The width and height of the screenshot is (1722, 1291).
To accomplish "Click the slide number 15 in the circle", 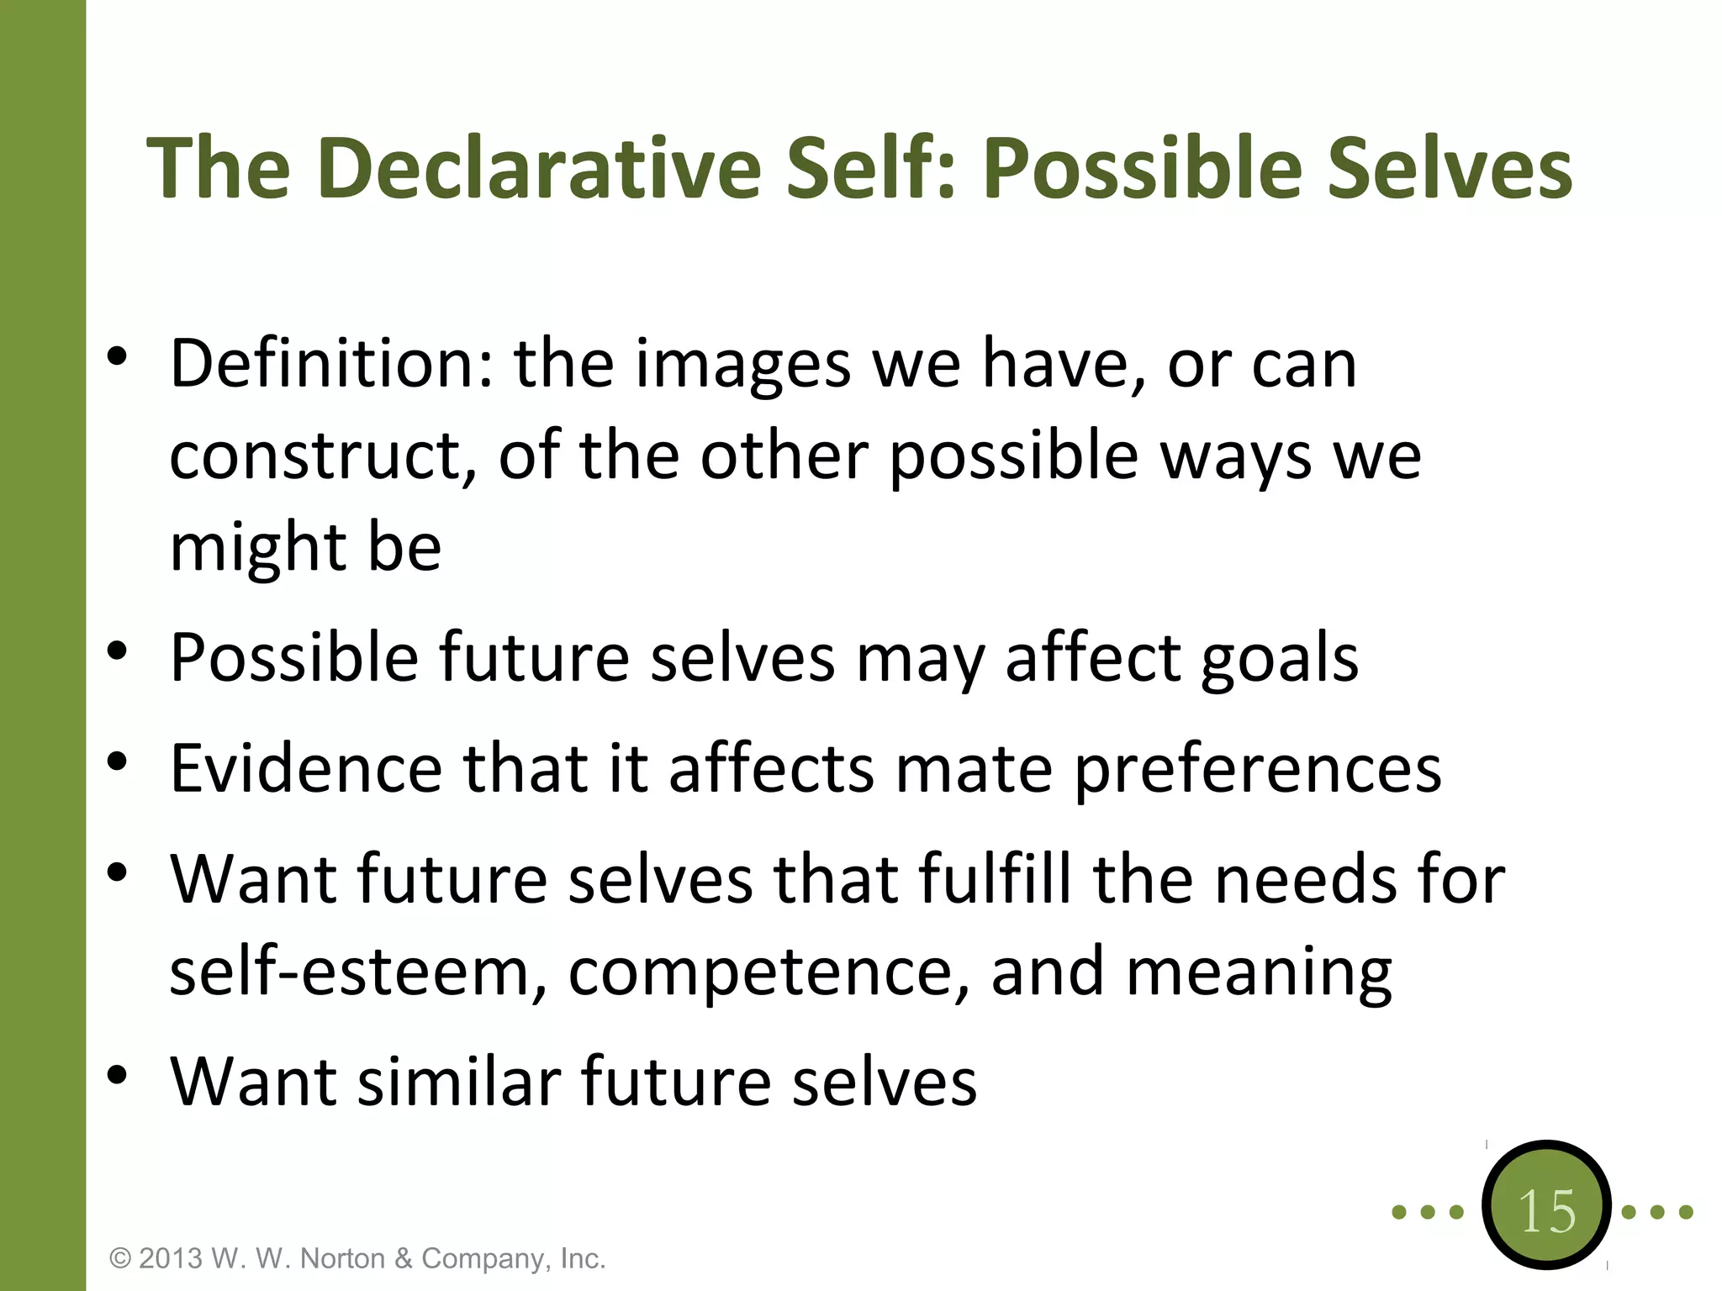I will [x=1546, y=1211].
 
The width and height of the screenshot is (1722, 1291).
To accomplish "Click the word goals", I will [x=1279, y=658].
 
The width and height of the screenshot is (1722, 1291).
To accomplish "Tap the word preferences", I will [x=1258, y=770].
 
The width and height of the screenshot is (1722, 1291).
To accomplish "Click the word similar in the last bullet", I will [x=459, y=1081].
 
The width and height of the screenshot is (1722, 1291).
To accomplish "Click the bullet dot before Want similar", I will [x=117, y=1074].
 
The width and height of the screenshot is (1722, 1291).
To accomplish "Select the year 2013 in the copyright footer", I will [x=171, y=1258].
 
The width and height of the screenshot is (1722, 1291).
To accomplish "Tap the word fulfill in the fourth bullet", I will [x=995, y=879].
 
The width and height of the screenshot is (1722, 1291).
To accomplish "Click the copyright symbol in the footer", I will [x=121, y=1259].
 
